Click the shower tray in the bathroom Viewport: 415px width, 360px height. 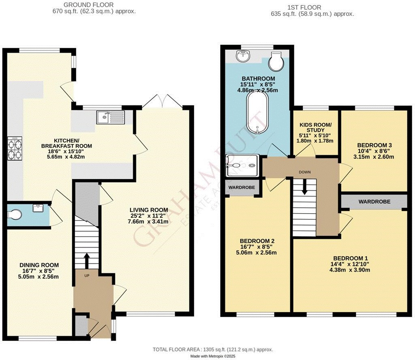pyautogui.click(x=242, y=165)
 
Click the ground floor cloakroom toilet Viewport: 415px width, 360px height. pyautogui.click(x=14, y=214)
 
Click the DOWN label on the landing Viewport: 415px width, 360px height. pyautogui.click(x=304, y=172)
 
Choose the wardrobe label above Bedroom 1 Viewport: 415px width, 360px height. pyautogui.click(x=374, y=201)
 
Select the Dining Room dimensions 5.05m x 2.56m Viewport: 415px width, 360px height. pyautogui.click(x=39, y=277)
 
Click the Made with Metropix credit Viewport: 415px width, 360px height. pyautogui.click(x=213, y=356)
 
